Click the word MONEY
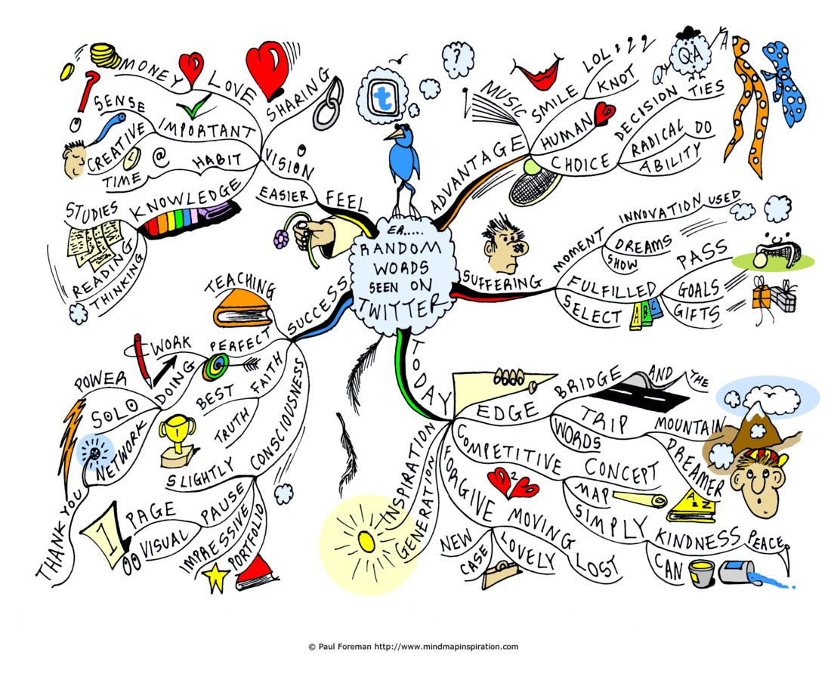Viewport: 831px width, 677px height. (x=152, y=71)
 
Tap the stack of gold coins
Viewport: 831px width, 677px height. (x=105, y=56)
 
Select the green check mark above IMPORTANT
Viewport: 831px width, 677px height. (x=193, y=106)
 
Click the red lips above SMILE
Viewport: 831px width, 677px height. (x=537, y=74)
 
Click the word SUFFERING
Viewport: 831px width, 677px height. (x=502, y=280)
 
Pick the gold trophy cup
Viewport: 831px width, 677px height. (x=177, y=440)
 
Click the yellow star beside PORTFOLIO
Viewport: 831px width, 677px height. (x=216, y=577)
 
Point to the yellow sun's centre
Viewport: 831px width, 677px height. (x=366, y=540)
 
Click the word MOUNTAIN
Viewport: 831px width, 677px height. (x=690, y=425)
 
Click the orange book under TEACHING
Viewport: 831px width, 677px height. (x=243, y=309)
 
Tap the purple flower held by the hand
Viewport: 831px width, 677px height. (x=281, y=240)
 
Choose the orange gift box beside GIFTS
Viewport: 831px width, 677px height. (x=761, y=296)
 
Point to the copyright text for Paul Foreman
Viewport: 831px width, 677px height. (x=413, y=646)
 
